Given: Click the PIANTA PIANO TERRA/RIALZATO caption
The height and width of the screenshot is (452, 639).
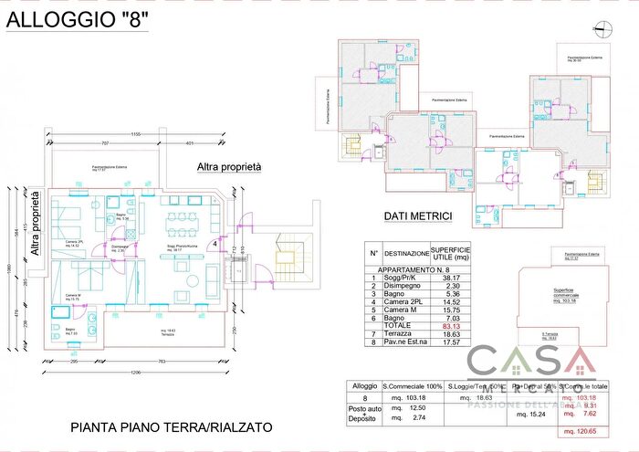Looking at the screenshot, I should point(171,426).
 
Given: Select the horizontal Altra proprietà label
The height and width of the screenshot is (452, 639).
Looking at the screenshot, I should point(229,167).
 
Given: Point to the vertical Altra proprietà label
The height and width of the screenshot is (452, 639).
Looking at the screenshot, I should point(35,223).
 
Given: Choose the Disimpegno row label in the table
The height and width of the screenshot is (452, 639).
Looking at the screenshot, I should point(404,287).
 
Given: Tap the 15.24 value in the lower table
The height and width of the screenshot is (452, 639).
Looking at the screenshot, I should point(529,415).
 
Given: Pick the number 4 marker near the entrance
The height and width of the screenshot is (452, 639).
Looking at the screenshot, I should point(215,244).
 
